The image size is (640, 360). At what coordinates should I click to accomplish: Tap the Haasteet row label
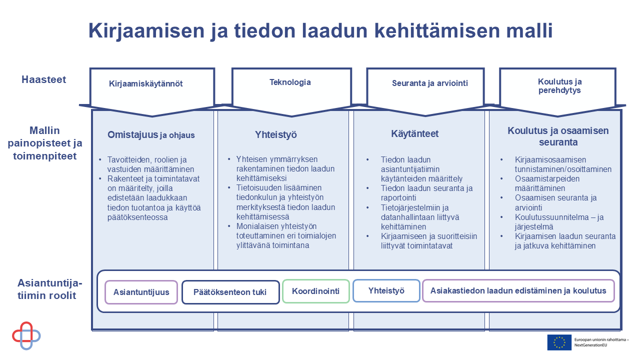43,79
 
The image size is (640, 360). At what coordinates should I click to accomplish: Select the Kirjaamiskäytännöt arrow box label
145,83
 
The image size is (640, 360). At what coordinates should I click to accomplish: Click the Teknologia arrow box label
290,82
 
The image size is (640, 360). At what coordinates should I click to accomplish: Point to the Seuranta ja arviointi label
429,83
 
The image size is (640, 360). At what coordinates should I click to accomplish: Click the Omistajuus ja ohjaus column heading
151,135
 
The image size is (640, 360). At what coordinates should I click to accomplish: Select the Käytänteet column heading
414,134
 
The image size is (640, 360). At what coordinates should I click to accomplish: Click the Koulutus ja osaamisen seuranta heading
558,136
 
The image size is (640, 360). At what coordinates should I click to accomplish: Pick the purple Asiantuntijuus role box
141,292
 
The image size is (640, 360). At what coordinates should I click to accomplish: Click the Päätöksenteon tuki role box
230,292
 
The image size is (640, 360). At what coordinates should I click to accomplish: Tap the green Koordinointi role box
315,291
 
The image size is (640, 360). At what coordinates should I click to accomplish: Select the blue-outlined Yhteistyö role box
386,290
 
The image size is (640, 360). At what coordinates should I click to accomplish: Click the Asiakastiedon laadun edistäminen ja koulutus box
518,290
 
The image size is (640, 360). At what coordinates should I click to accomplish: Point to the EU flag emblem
559,342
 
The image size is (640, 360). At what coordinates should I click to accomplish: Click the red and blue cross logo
26,335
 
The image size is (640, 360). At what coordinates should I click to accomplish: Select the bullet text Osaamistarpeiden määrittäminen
539,183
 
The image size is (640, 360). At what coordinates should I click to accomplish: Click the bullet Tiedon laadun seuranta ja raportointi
426,193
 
